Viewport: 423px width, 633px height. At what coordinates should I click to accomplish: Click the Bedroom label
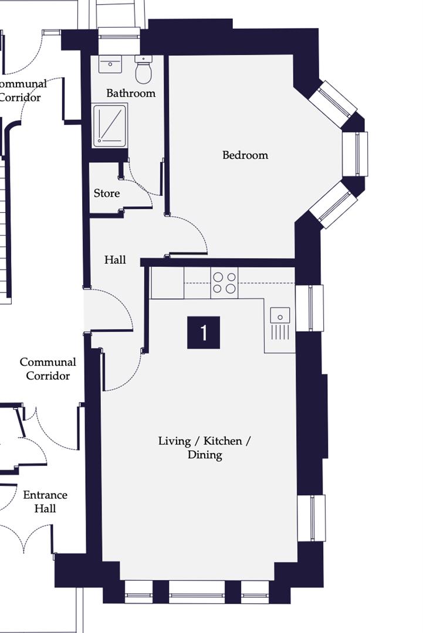coord(245,155)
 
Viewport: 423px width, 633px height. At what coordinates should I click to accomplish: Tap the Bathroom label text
coord(131,93)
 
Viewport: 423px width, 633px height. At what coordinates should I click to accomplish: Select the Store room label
coord(107,193)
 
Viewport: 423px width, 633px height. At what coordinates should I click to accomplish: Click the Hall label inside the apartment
coord(115,260)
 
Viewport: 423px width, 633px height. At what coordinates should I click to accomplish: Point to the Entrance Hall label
coord(45,501)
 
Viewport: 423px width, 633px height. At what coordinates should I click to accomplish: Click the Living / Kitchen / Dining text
coord(204,448)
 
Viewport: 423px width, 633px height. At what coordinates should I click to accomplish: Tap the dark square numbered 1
coord(204,332)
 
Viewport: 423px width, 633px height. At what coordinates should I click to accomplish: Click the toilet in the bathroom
coord(144,70)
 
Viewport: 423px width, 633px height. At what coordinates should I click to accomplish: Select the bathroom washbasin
coord(110,63)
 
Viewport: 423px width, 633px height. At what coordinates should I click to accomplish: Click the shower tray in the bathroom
coord(110,125)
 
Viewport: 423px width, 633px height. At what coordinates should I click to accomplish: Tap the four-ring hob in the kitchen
coord(225,283)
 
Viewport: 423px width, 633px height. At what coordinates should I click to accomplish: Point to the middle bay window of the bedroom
coord(356,154)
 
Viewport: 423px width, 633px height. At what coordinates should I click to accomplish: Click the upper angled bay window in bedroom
coord(333,103)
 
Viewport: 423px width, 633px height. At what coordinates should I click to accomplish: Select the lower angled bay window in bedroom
coord(333,205)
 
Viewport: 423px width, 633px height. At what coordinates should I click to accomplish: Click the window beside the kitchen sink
coord(310,308)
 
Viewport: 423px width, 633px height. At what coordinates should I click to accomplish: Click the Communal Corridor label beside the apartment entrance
coord(48,369)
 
